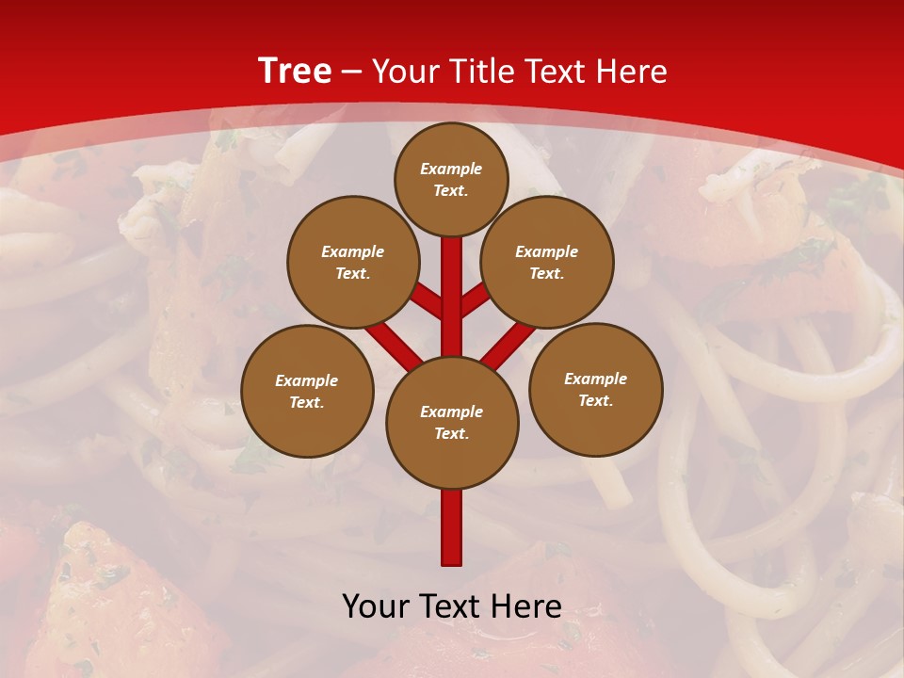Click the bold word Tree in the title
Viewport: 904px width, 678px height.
(295, 72)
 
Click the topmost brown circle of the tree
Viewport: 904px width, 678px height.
(451, 179)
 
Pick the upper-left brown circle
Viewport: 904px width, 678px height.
(352, 263)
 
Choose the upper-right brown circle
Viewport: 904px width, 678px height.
(547, 263)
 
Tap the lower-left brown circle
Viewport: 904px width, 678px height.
(307, 392)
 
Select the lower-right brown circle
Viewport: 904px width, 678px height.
(595, 390)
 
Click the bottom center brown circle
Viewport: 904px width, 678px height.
(452, 423)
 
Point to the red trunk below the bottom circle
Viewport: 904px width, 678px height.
(452, 527)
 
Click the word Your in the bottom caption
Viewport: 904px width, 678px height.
(377, 606)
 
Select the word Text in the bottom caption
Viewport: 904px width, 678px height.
(452, 606)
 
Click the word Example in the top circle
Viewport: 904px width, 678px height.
(451, 169)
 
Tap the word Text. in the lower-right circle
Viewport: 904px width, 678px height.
(595, 401)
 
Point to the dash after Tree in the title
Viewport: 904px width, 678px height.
(351, 72)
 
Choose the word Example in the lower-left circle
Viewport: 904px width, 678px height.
(307, 381)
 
